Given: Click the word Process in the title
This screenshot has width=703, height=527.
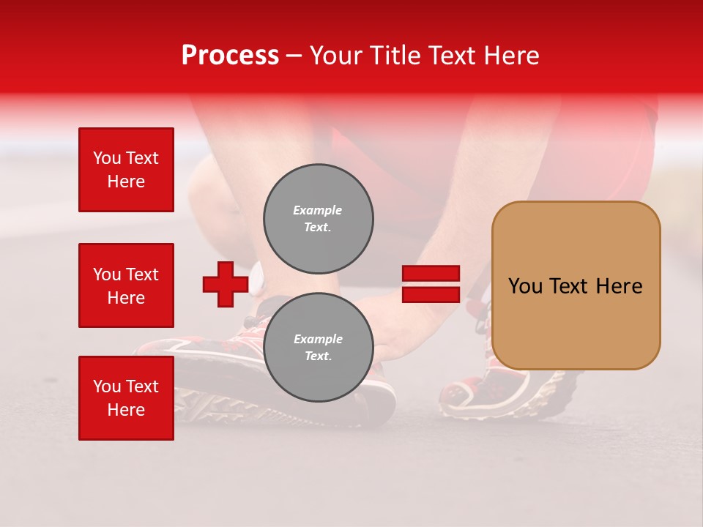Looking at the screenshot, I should click(x=230, y=56).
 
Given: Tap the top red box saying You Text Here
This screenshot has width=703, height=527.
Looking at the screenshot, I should click(x=126, y=170).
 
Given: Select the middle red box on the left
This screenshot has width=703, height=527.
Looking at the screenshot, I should click(x=126, y=285).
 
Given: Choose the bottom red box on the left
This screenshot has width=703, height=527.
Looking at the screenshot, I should click(x=126, y=398).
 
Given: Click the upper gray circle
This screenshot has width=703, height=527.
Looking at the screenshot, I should click(x=319, y=218).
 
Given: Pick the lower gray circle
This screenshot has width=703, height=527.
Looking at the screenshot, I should click(x=319, y=347).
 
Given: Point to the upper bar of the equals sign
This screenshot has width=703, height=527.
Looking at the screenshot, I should click(x=431, y=274).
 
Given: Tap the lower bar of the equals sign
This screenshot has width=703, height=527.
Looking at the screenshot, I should click(x=431, y=294).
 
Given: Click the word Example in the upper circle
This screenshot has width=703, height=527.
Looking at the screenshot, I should click(x=318, y=210).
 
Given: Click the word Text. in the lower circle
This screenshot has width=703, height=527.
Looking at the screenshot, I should click(x=318, y=356).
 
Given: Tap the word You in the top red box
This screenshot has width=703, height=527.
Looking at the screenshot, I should click(x=107, y=158).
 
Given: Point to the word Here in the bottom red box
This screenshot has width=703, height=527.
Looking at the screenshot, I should click(x=126, y=410).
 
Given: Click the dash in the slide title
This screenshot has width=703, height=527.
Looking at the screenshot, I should click(x=294, y=56).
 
